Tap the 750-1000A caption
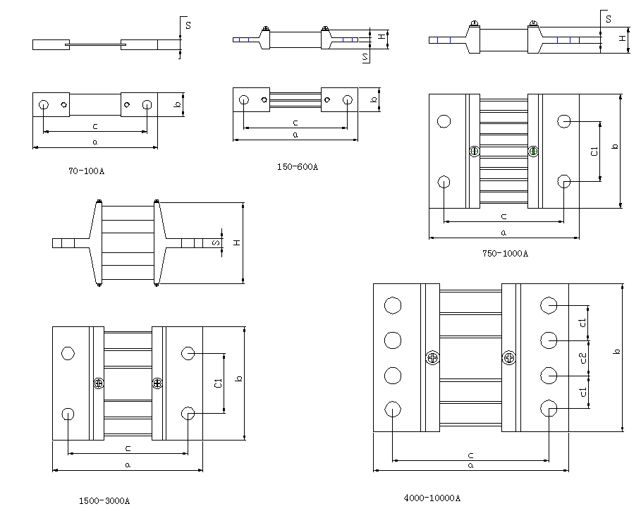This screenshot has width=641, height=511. [x=505, y=253]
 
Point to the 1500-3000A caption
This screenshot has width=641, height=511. [x=104, y=500]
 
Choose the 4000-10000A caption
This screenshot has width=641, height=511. [x=432, y=497]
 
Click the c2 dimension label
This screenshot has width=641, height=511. [x=583, y=358]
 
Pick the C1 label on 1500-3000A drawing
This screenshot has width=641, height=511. [x=218, y=383]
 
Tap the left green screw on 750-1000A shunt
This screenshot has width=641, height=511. [x=475, y=151]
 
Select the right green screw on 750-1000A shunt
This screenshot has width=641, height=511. [x=533, y=151]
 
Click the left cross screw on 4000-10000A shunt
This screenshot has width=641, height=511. [x=432, y=357]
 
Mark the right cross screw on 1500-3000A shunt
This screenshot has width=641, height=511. [x=157, y=383]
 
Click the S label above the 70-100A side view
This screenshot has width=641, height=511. [x=188, y=25]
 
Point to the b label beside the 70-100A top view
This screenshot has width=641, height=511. [x=178, y=104]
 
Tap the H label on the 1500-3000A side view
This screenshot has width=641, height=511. [x=237, y=243]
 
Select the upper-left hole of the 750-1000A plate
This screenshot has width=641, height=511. [x=444, y=122]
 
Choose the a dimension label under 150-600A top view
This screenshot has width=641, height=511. [x=295, y=134]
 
